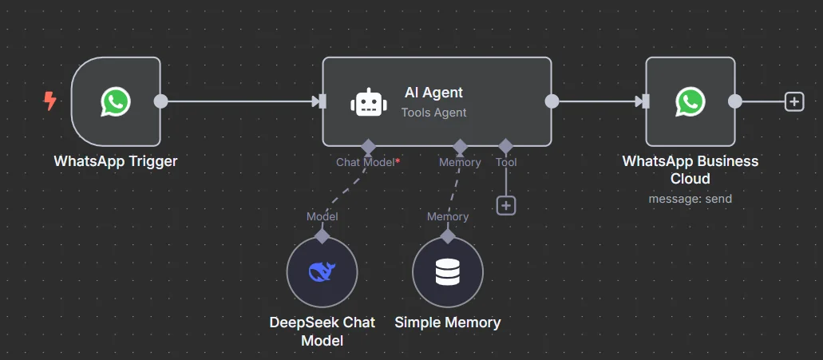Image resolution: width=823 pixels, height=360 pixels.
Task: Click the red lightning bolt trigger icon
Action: pyautogui.click(x=50, y=101)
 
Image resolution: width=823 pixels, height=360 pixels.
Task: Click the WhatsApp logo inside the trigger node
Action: pyautogui.click(x=116, y=101)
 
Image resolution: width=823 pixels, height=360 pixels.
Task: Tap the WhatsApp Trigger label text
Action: pyautogui.click(x=116, y=161)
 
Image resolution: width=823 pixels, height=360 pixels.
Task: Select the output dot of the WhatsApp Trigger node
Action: pyautogui.click(x=160, y=101)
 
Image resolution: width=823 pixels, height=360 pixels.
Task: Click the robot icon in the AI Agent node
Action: pyautogui.click(x=366, y=102)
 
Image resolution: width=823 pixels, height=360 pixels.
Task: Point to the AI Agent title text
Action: pyautogui.click(x=433, y=93)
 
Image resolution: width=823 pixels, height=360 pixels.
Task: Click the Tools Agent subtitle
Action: pyautogui.click(x=433, y=113)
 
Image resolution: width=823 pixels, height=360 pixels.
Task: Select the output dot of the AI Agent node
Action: pyautogui.click(x=551, y=101)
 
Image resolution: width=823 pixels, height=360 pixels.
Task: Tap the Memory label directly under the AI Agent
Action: pyautogui.click(x=460, y=162)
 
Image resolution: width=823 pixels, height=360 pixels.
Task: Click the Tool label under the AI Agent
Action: pyautogui.click(x=506, y=162)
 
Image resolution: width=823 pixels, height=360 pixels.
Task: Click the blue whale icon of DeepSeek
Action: pyautogui.click(x=322, y=272)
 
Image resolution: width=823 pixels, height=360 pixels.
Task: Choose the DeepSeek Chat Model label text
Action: pyautogui.click(x=322, y=331)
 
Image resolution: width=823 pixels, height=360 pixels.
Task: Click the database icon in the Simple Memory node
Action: pyautogui.click(x=447, y=272)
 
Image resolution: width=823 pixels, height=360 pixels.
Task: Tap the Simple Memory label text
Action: pyautogui.click(x=447, y=322)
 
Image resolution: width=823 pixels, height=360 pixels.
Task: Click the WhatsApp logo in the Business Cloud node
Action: pyautogui.click(x=690, y=101)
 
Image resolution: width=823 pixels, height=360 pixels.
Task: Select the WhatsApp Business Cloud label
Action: pyautogui.click(x=690, y=169)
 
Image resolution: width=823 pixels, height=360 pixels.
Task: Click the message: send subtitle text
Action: pyautogui.click(x=690, y=198)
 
